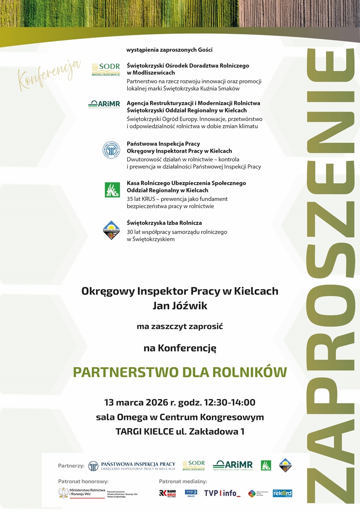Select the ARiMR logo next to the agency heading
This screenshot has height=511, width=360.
[104, 104]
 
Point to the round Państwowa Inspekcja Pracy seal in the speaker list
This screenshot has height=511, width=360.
[111, 150]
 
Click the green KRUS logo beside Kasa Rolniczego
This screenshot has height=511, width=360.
[112, 190]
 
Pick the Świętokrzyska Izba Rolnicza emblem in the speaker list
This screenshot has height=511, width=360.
[111, 230]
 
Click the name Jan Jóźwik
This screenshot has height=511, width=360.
[180, 307]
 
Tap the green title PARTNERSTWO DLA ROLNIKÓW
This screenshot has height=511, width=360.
[180, 372]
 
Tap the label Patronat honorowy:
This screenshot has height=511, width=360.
[83, 481]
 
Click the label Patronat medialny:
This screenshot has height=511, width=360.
[183, 481]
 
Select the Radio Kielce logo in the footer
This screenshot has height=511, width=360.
[167, 493]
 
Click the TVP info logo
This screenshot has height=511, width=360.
[222, 493]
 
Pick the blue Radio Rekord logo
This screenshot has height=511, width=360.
[282, 493]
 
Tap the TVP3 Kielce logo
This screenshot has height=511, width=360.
[191, 493]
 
